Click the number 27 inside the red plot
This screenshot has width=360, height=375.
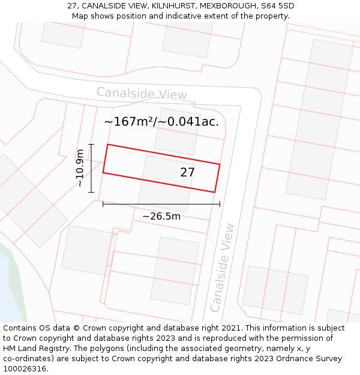pos(187,173)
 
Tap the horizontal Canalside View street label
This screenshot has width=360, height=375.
pos(142,94)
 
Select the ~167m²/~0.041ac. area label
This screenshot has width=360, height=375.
pos(161,122)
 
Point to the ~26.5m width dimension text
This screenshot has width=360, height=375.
pos(161,216)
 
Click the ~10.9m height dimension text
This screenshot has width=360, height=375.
pos(80,169)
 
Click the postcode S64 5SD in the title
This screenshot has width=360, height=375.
pos(278,6)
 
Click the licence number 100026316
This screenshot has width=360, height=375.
pos(25,369)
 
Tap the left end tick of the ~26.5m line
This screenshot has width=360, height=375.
pos(103,204)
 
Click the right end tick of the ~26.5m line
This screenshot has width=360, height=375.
pos(220,204)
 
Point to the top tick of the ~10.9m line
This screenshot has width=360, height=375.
pos(91,145)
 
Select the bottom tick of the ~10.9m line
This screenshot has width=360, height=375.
pos(91,192)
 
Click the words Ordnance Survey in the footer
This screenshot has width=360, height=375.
pos(311,359)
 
